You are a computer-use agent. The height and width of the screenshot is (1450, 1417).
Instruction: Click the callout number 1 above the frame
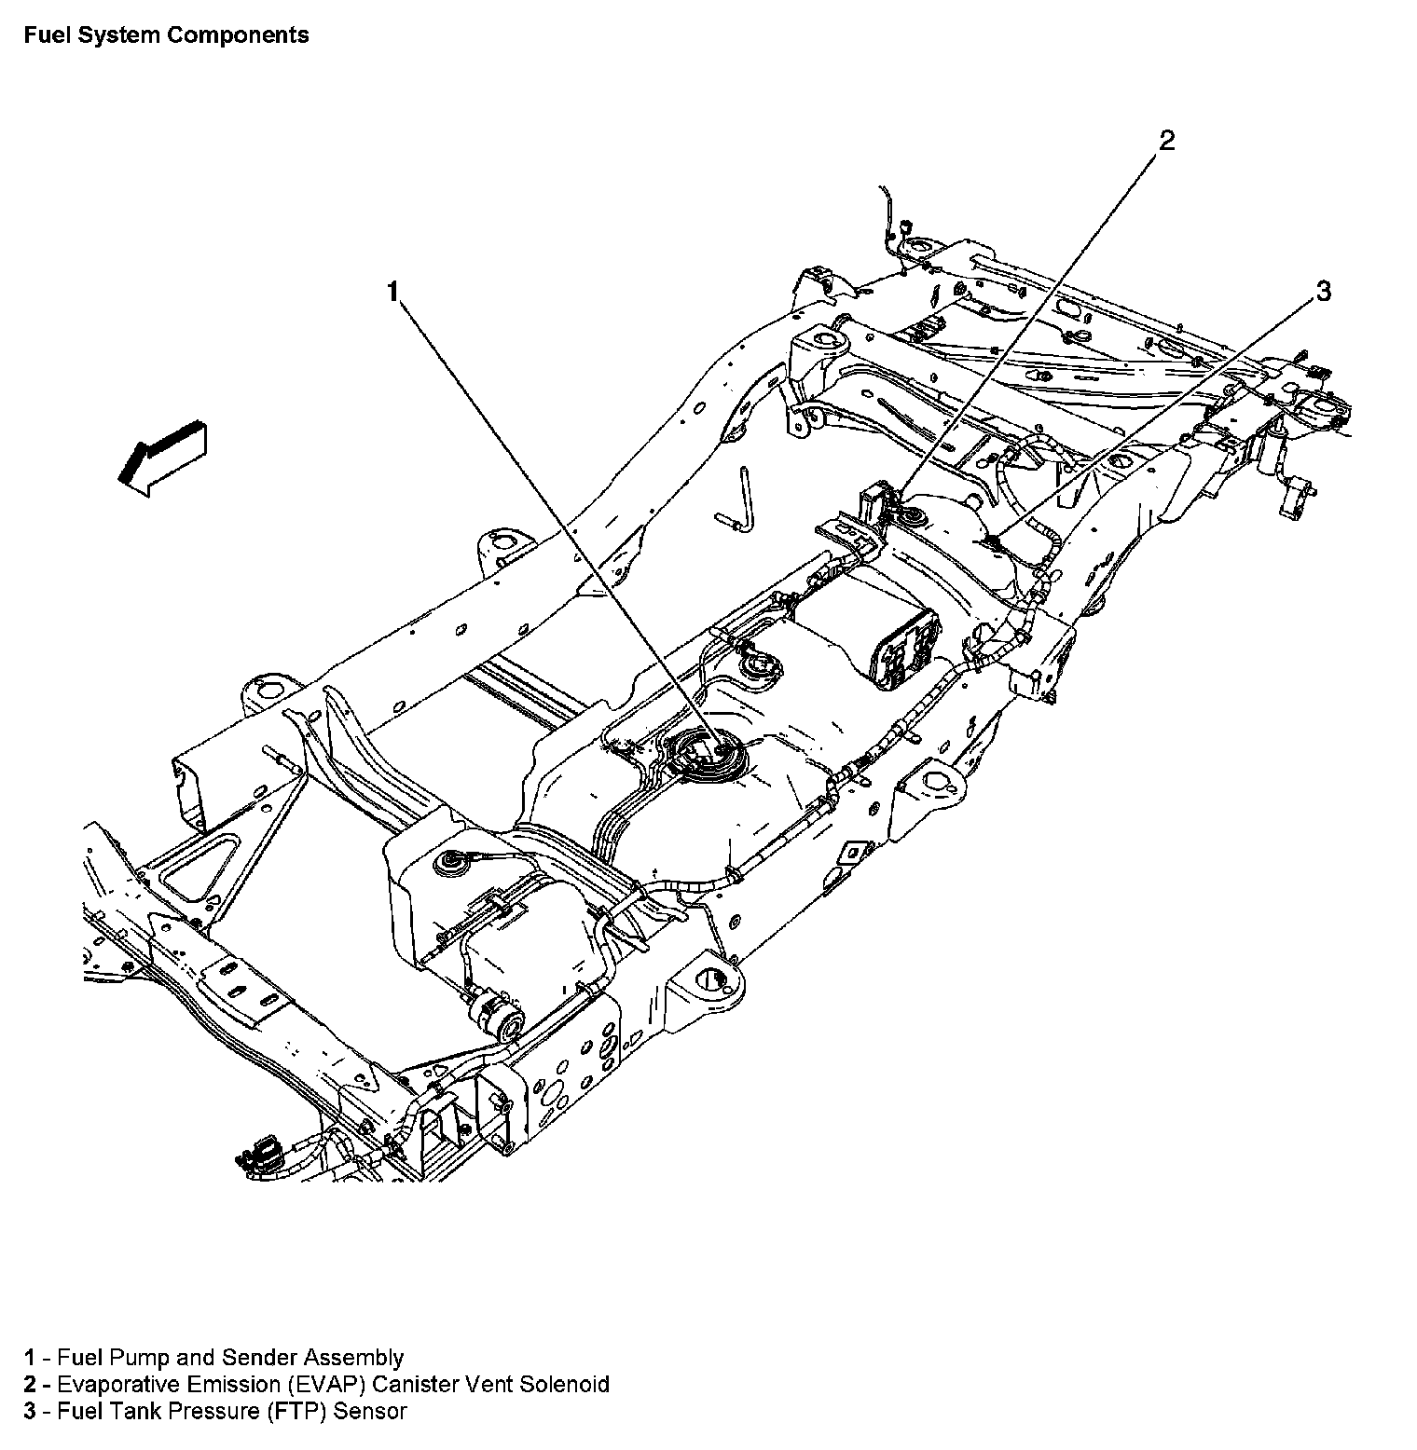click(393, 292)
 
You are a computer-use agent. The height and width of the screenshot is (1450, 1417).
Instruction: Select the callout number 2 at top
click(1166, 141)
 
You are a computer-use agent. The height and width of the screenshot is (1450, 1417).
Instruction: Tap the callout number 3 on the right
click(1322, 292)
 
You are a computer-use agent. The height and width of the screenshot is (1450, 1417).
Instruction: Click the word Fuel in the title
click(46, 35)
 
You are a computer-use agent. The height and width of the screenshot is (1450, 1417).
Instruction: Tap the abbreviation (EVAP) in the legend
click(302, 1384)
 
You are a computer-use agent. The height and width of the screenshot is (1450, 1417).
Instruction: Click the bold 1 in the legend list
click(30, 1358)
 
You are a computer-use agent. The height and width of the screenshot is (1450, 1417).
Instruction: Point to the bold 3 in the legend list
click(30, 1411)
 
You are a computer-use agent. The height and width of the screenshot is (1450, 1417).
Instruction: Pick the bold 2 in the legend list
click(30, 1384)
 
